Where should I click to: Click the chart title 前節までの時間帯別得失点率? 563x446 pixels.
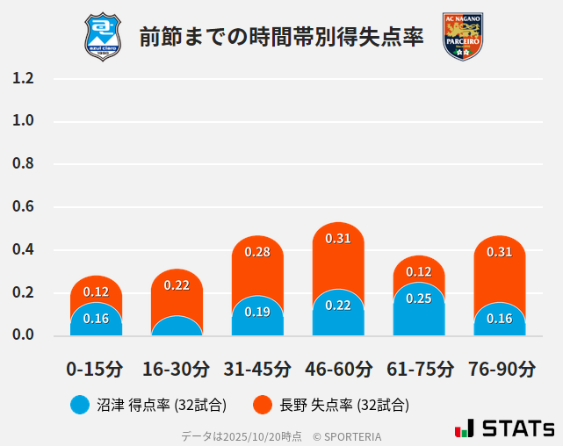coord(281,37)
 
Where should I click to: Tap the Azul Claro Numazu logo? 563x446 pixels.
coord(103,37)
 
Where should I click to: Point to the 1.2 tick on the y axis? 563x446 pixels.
coord(24,79)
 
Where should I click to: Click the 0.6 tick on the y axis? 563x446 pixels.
coord(24,207)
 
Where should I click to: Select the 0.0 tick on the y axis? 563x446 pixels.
coord(24,335)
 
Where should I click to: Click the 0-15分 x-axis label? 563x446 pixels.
coord(96,368)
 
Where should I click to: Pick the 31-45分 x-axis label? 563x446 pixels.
coord(257,368)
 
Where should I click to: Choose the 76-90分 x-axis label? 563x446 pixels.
coord(500,368)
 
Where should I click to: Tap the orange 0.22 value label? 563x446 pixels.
coord(177,285)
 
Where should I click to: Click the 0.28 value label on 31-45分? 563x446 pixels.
coord(257,252)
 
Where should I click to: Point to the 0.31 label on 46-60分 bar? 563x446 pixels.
coord(338,238)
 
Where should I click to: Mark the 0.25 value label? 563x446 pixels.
coord(419,299)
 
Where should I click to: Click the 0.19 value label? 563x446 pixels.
coord(257,312)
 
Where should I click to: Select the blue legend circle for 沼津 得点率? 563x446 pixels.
coord(81,405)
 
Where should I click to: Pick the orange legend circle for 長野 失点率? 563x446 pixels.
coord(263,405)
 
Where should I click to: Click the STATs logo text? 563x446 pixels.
coord(517,428)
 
